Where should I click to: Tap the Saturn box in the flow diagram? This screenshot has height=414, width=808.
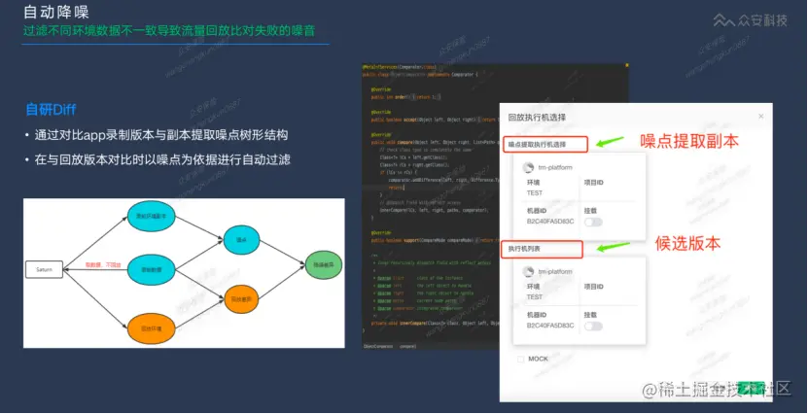45,268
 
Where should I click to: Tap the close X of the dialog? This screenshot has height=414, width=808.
760,117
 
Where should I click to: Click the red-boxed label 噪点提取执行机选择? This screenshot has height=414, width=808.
545,144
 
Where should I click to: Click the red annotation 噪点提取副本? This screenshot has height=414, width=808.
689,141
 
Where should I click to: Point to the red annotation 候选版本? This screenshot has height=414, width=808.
687,243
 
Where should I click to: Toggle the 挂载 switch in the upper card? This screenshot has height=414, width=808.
592,222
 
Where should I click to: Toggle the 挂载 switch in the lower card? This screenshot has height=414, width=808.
592,326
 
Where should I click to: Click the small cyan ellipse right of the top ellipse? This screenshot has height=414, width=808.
237,236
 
